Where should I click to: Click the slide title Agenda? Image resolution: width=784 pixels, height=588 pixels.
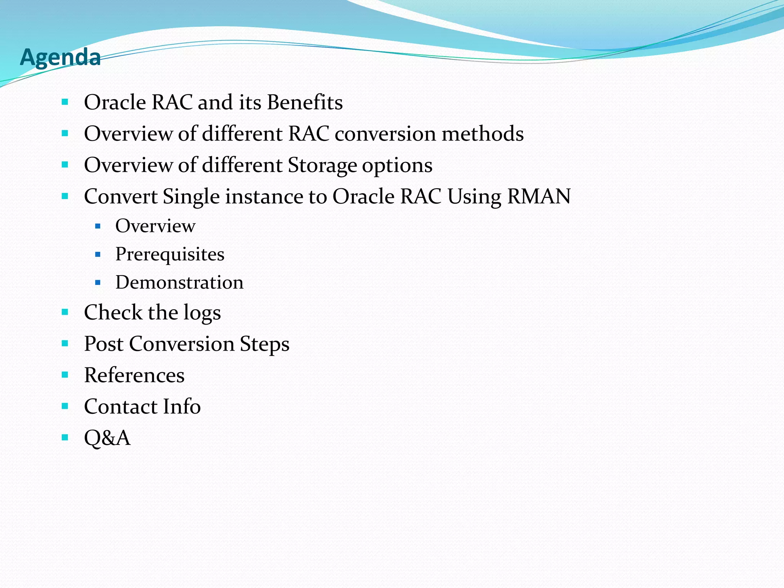point(60,57)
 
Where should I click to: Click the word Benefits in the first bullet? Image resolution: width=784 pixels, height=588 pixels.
point(305,103)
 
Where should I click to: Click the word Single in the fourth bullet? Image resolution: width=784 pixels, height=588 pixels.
point(191,197)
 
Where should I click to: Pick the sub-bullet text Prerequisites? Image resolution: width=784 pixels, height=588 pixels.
point(170,255)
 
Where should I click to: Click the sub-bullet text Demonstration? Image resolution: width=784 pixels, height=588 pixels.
point(179,283)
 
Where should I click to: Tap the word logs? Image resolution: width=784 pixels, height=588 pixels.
point(202,313)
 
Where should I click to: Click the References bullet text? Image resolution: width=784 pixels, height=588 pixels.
point(134,375)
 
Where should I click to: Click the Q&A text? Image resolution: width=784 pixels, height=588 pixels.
point(107,438)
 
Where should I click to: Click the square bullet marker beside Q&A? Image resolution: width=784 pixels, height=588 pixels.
point(65,437)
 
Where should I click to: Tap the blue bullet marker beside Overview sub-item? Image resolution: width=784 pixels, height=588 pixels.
point(98,226)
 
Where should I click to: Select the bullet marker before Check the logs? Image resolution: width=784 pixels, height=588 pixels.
point(65,312)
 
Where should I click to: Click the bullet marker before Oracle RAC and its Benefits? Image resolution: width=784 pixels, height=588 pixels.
point(65,102)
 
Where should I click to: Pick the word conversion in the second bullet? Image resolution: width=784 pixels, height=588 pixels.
point(385,134)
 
